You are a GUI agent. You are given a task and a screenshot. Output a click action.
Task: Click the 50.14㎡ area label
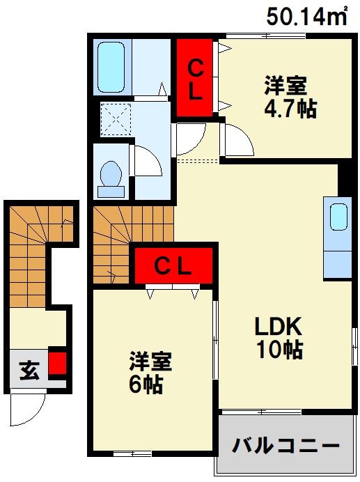point(306,17)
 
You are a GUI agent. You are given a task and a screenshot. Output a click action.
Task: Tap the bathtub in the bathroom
point(111,67)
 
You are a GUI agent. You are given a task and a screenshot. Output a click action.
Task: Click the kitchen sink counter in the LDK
point(338,239)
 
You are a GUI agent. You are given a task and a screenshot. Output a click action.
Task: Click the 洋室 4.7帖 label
point(285,98)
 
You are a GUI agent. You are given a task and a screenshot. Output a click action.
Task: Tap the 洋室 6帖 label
point(149,373)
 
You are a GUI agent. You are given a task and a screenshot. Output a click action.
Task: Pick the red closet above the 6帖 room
point(173,266)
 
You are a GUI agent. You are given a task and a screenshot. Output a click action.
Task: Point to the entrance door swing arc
point(28,403)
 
